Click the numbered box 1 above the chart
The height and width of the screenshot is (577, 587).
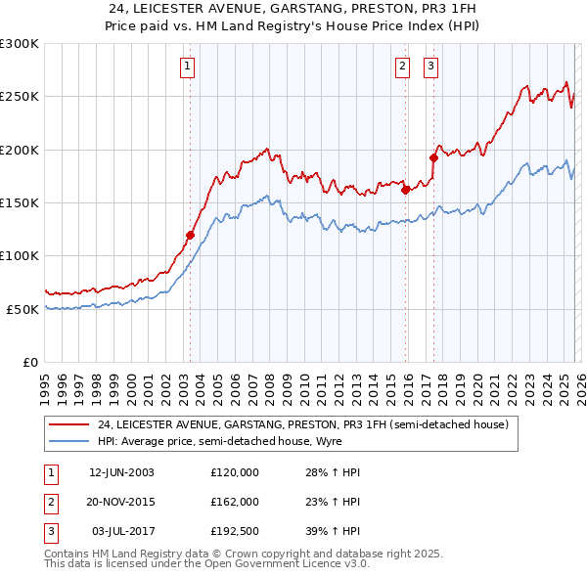[187, 67]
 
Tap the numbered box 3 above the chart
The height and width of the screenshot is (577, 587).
[430, 67]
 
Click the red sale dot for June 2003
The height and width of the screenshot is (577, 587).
[191, 235]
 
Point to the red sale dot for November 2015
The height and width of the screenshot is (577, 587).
[405, 191]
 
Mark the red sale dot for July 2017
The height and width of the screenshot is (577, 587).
[433, 156]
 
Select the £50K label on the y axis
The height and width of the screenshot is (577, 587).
[23, 309]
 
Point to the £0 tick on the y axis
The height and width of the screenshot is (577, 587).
[31, 362]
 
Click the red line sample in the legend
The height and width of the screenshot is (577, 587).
[68, 425]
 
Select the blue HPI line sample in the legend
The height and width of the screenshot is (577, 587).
[68, 443]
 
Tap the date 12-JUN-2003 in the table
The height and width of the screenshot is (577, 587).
[121, 472]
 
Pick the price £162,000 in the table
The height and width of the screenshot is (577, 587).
[234, 502]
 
